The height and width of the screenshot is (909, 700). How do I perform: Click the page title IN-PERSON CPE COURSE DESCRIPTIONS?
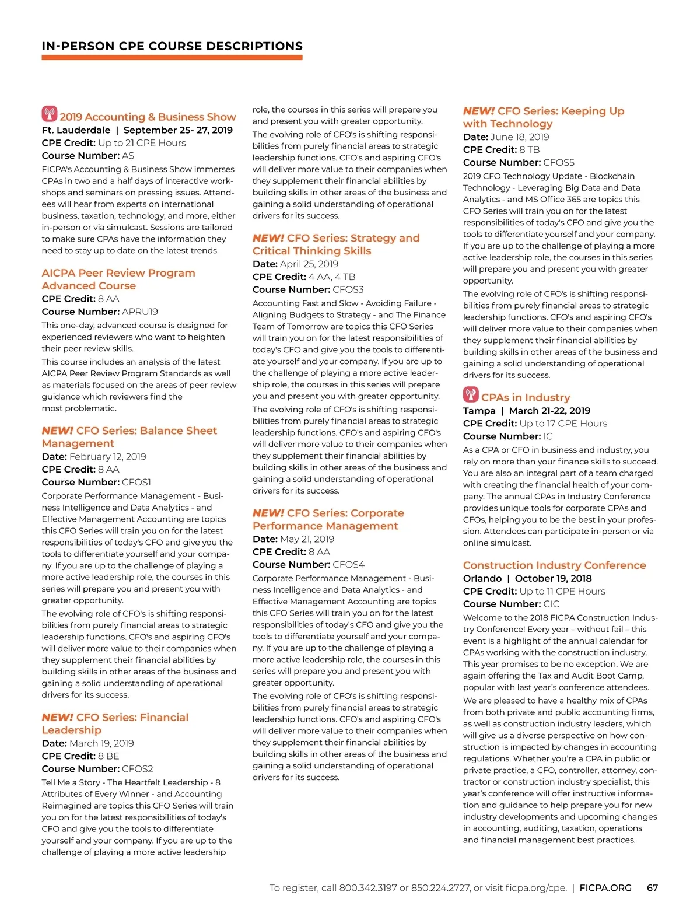click(172, 46)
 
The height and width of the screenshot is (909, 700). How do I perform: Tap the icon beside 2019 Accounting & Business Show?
click(50, 114)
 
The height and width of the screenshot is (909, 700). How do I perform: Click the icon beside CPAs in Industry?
click(471, 394)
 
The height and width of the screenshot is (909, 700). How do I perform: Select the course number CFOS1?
click(136, 482)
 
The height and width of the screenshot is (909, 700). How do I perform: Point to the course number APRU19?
click(140, 312)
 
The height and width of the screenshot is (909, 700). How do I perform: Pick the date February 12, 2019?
click(108, 457)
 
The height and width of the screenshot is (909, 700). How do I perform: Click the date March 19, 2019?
click(101, 743)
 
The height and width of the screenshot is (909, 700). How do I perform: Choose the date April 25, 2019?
click(309, 264)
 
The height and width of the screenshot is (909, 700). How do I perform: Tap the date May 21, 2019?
click(307, 539)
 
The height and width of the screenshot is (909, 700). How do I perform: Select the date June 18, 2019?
click(520, 137)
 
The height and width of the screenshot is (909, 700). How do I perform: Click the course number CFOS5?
click(559, 163)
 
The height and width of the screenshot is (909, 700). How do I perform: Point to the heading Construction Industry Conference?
click(554, 565)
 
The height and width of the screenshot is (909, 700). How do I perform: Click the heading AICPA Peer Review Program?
click(118, 273)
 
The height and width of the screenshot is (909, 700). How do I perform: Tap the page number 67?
click(652, 888)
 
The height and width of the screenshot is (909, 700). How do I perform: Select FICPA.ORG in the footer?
click(605, 888)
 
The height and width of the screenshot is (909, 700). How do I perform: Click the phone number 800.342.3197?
click(367, 888)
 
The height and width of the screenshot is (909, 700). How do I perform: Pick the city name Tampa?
click(479, 411)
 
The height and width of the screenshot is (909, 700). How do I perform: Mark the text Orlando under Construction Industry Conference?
click(482, 579)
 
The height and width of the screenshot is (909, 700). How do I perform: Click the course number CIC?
click(551, 604)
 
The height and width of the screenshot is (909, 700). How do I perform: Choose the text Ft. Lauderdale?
click(76, 130)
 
